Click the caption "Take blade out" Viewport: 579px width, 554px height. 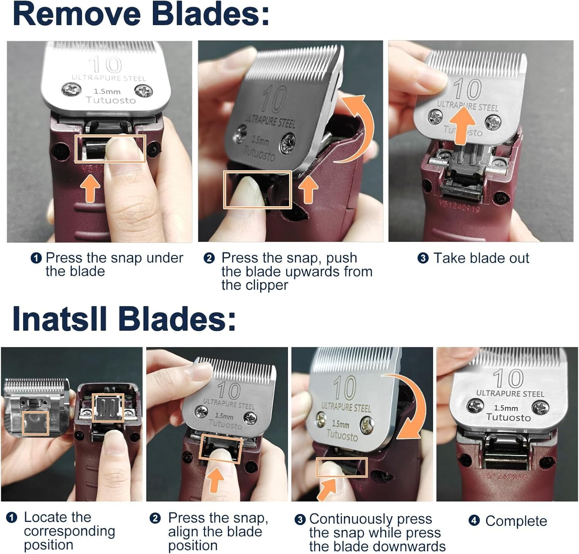pyautogui.click(x=481, y=258)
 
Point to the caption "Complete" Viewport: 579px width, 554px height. pyautogui.click(x=516, y=521)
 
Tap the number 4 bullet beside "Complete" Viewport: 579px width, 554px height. pyautogui.click(x=474, y=520)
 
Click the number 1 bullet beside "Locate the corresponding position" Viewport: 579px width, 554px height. pyautogui.click(x=12, y=517)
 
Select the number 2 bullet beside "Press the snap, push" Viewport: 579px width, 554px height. pyautogui.click(x=209, y=258)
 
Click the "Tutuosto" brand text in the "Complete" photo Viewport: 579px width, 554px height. pyautogui.click(x=508, y=417)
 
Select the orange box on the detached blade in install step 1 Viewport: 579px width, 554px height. pyautogui.click(x=36, y=423)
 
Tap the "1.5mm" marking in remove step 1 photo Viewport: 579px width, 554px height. pyautogui.click(x=107, y=92)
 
